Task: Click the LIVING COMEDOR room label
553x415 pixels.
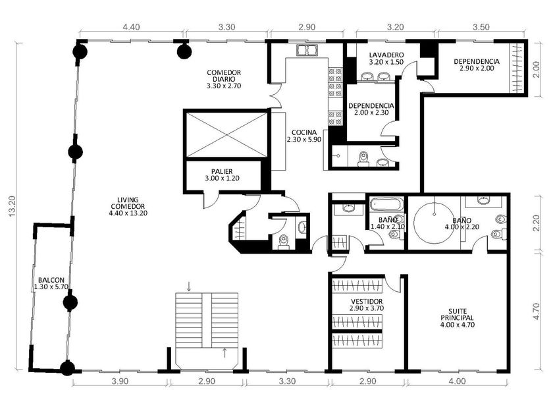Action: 128,206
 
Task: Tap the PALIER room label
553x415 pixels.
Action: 222,175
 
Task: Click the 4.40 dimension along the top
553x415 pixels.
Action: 131,27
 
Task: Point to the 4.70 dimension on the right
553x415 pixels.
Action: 536,312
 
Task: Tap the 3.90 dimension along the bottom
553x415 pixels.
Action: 120,381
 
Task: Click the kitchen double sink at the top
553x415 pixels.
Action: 307,51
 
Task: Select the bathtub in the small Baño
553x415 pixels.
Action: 387,205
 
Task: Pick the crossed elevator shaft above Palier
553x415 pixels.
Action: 226,135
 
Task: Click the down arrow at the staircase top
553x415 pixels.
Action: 189,286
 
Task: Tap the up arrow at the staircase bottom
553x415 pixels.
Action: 224,352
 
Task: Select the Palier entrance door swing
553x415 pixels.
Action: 211,201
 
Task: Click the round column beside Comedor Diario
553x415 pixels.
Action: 184,51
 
